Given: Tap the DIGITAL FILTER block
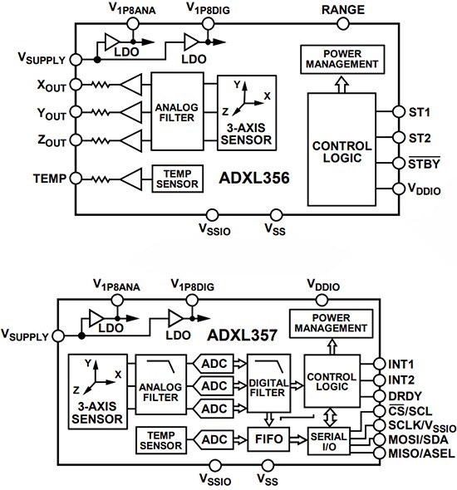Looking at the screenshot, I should coord(268,385).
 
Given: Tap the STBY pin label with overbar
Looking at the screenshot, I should coord(422,164).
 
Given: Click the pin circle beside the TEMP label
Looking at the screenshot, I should coord(74,178).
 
